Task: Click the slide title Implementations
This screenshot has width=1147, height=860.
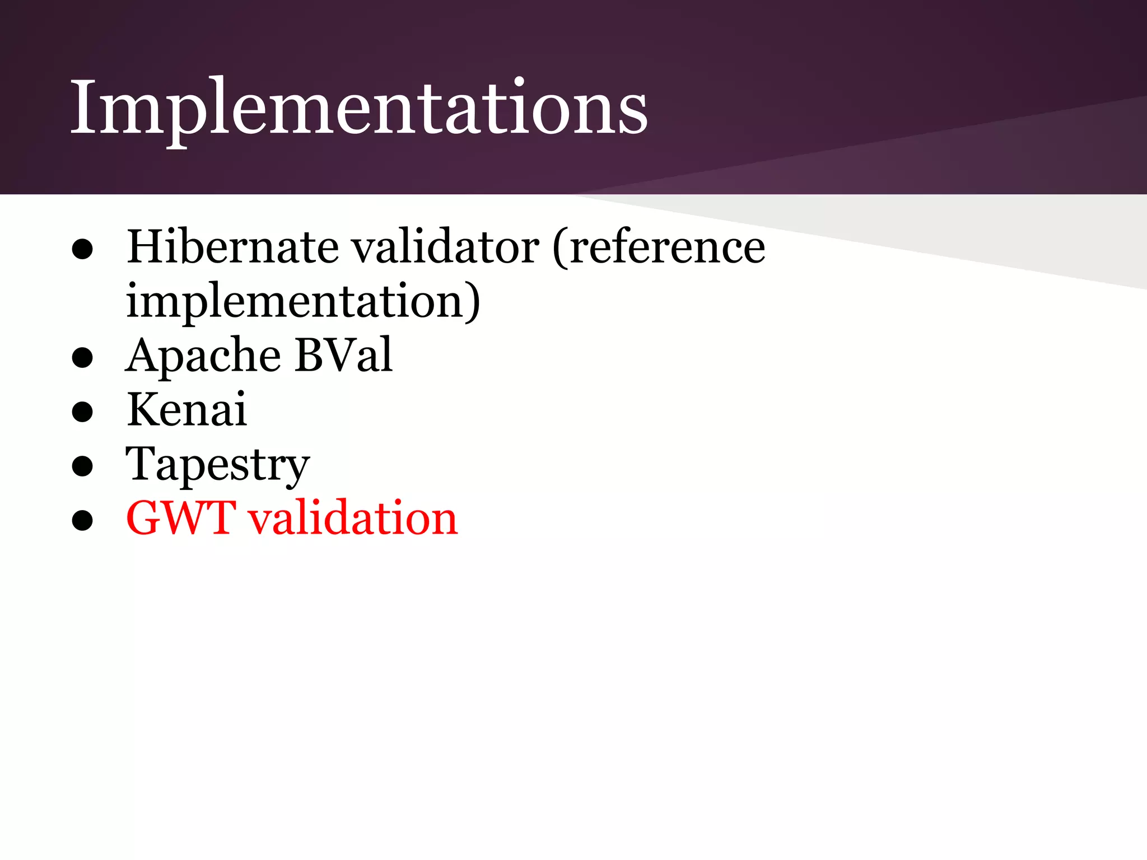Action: [x=358, y=107]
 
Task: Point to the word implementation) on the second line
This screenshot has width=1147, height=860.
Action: [x=302, y=301]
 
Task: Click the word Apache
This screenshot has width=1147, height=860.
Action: [x=203, y=356]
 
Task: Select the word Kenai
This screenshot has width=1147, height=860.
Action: [x=186, y=409]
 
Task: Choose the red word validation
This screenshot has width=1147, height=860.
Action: [x=353, y=518]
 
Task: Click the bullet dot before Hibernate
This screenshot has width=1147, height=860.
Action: [x=82, y=250]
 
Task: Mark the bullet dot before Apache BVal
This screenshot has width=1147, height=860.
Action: [x=82, y=358]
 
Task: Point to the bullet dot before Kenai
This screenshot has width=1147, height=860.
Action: [x=82, y=413]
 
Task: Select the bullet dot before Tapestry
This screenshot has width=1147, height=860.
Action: [x=82, y=466]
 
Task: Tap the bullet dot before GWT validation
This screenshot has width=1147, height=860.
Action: [x=82, y=520]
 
